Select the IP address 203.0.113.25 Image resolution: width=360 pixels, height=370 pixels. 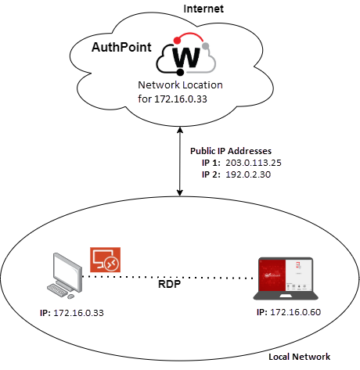pos(252,161)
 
